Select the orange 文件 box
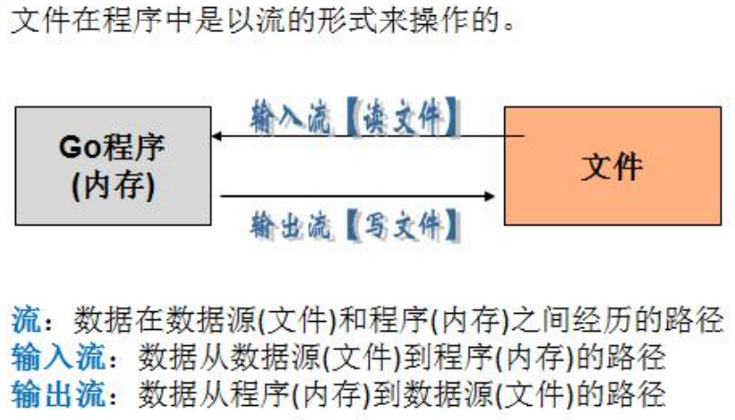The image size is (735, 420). point(612,165)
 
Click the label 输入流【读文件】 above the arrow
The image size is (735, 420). point(356,117)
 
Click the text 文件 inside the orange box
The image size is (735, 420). point(612,166)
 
